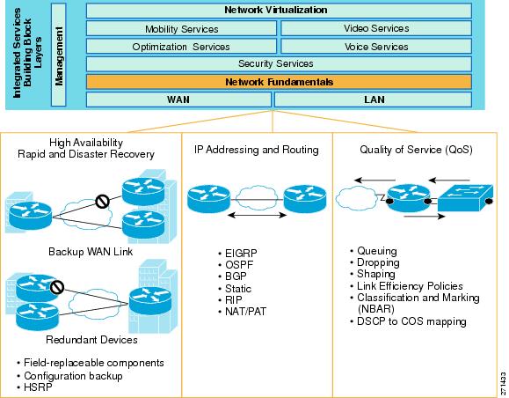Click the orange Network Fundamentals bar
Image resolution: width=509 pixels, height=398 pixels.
pyautogui.click(x=279, y=82)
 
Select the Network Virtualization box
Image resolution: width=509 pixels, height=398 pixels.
pyautogui.click(x=279, y=10)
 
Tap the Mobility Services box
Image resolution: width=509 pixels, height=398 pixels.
pyautogui.click(x=181, y=28)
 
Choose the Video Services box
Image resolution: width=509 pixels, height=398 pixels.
pyautogui.click(x=376, y=28)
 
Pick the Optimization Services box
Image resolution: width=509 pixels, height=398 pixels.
pyautogui.click(x=181, y=47)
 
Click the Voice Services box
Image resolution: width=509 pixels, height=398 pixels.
pyautogui.click(x=376, y=47)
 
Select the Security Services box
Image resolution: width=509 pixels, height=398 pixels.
pyautogui.click(x=279, y=63)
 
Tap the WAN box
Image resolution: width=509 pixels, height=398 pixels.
pyautogui.click(x=178, y=99)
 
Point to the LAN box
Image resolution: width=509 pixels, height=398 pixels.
pyautogui.click(x=373, y=99)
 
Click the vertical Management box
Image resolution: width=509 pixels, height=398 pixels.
pyautogui.click(x=58, y=55)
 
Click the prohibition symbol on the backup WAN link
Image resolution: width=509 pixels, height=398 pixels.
pyautogui.click(x=103, y=202)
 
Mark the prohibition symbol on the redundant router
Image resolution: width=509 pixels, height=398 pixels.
pyautogui.click(x=57, y=287)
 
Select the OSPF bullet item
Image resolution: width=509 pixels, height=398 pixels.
pyautogui.click(x=236, y=265)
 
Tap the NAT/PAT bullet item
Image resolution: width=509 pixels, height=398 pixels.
pyautogui.click(x=242, y=312)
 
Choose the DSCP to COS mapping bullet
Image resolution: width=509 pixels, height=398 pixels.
pyautogui.click(x=409, y=321)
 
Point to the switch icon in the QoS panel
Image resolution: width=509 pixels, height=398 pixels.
pyautogui.click(x=465, y=198)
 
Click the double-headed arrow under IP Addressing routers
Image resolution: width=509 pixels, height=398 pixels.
pyautogui.click(x=257, y=215)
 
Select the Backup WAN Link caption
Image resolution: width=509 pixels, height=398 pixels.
pyautogui.click(x=91, y=252)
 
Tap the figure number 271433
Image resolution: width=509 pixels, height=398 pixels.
pyautogui.click(x=503, y=383)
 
